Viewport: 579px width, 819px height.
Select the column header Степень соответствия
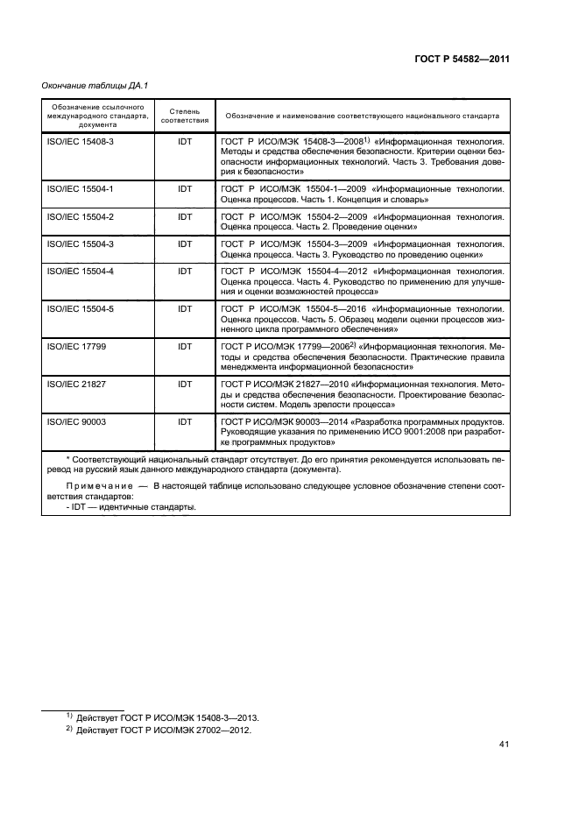point(185,116)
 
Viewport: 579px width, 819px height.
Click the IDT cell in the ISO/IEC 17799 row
point(185,346)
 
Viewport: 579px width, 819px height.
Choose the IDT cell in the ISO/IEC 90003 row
point(185,421)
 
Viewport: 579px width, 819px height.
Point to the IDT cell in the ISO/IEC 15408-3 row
point(185,140)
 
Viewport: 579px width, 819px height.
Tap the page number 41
point(503,745)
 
